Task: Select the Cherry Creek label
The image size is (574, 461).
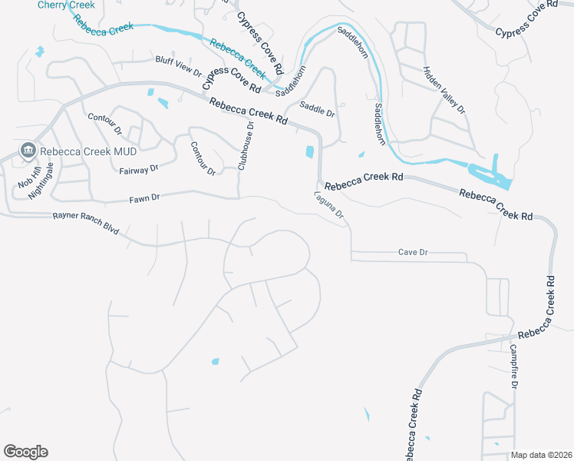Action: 67,5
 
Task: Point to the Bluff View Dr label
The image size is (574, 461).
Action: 178,66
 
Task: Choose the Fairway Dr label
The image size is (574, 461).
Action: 139,168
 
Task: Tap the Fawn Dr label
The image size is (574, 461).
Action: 144,197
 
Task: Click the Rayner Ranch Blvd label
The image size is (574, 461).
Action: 86,224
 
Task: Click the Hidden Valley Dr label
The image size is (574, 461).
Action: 444,89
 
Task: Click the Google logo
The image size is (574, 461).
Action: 25,452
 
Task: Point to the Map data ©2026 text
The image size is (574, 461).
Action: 541,455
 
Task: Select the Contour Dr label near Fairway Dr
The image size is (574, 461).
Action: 203,158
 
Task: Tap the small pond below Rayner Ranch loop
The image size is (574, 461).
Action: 214,360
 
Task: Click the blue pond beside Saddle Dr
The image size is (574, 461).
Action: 310,151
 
